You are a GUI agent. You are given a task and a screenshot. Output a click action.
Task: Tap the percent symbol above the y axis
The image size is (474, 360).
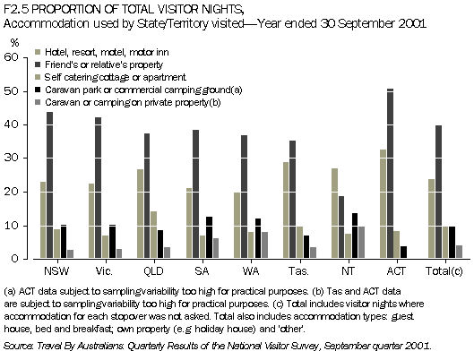click(13, 42)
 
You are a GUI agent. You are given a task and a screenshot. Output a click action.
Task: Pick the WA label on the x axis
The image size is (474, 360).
click(247, 270)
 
